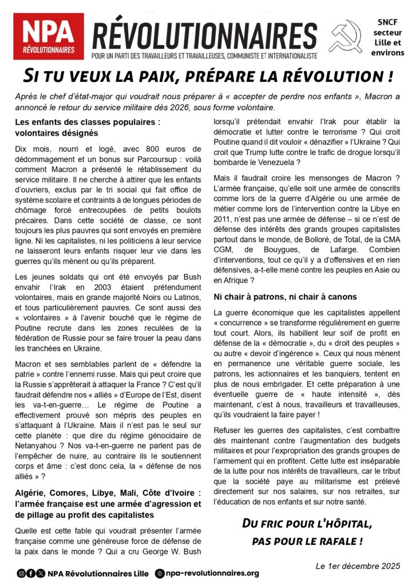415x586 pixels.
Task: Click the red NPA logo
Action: [49, 37]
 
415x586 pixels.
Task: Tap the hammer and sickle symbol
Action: [346, 37]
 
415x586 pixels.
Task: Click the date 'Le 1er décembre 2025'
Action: [358, 566]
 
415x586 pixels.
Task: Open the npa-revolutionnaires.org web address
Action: [213, 573]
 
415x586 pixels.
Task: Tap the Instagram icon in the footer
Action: [21, 573]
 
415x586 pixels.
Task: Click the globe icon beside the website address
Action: [160, 573]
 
